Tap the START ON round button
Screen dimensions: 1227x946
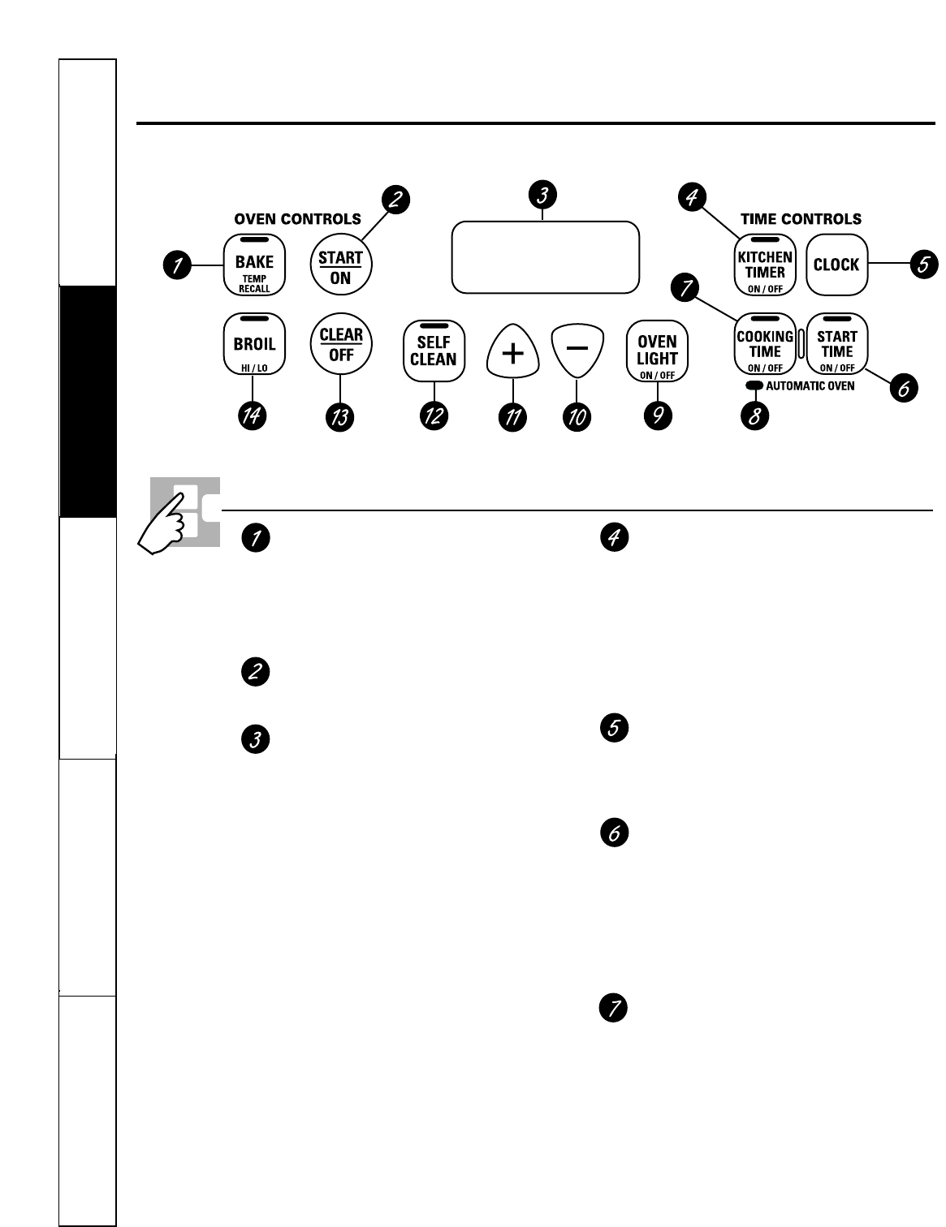coord(341,265)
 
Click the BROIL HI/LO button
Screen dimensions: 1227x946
coord(254,344)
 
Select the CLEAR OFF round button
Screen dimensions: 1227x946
coord(341,344)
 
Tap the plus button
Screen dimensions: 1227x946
coord(512,351)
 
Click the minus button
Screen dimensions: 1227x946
coord(577,350)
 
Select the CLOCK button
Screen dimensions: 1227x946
coord(836,265)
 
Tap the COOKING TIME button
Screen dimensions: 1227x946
coord(765,344)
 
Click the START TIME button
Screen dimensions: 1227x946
coord(837,344)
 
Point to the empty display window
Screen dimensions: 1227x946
coord(546,256)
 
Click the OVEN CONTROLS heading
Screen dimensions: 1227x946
coord(297,219)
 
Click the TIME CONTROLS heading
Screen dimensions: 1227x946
coord(801,219)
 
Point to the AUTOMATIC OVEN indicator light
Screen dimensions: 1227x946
coord(754,386)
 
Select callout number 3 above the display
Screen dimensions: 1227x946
coord(542,195)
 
